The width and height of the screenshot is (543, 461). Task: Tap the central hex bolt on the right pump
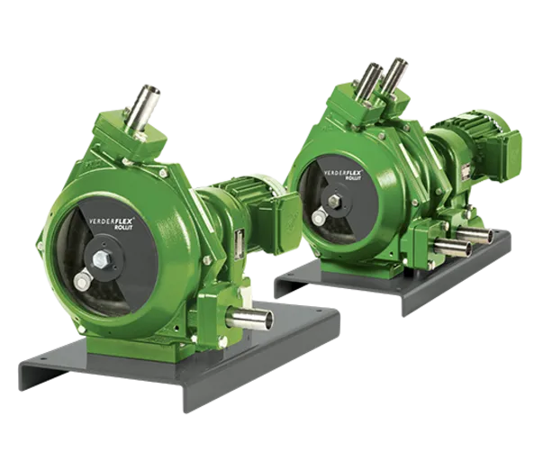pyautogui.click(x=336, y=200)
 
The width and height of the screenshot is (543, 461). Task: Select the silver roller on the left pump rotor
pyautogui.click(x=82, y=283)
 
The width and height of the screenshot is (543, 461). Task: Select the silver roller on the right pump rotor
pyautogui.click(x=318, y=217)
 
